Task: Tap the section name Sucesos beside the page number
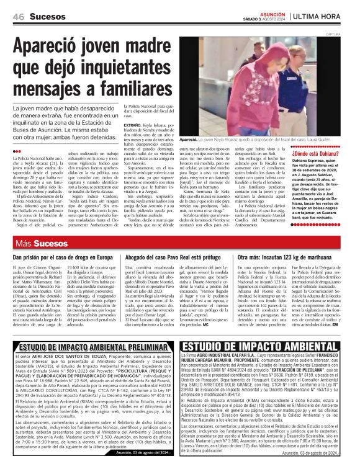[x=48, y=16]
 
